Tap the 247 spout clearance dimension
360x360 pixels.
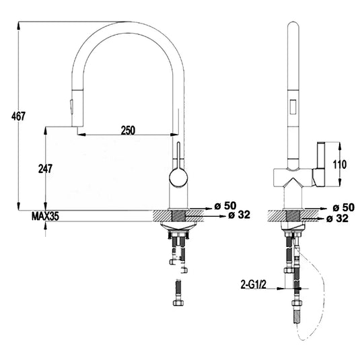pos(45,169)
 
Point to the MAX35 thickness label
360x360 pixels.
pos(45,216)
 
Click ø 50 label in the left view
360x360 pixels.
pos(225,205)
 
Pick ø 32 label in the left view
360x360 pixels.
pos(239,215)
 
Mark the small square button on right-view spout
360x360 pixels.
pos(293,104)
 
